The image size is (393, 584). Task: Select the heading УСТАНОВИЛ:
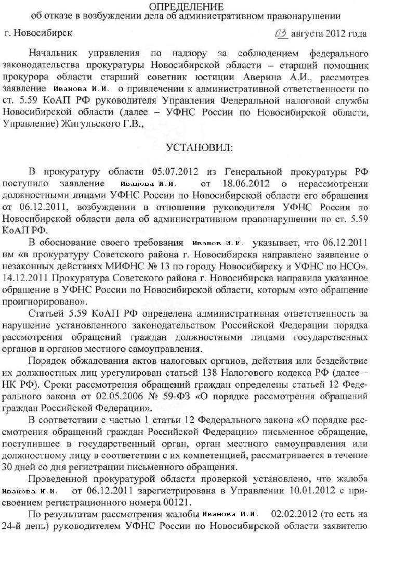(199, 147)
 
